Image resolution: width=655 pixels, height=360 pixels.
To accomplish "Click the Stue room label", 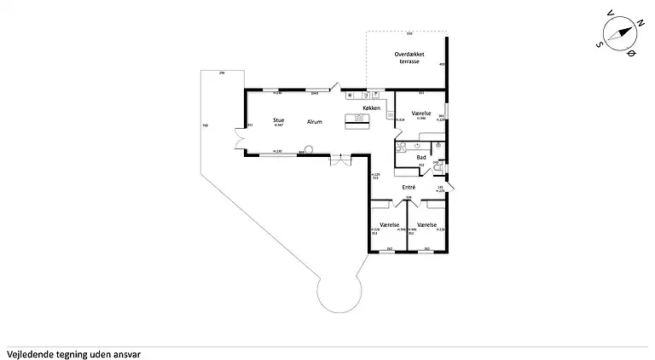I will (x=278, y=120).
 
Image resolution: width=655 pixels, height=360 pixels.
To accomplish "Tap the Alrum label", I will (x=315, y=122).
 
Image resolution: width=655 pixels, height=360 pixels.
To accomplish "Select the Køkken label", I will (x=372, y=107).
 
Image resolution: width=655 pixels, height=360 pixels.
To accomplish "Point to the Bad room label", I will (x=420, y=158).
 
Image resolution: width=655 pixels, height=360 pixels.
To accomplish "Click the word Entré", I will (x=409, y=186).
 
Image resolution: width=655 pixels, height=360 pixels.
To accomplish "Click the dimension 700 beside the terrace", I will (x=205, y=126).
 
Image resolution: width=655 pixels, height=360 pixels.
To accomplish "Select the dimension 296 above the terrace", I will (x=222, y=74).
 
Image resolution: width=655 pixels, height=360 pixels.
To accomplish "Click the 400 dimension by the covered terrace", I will (x=442, y=64).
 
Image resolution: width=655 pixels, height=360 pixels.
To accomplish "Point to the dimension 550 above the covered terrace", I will (x=409, y=33).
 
